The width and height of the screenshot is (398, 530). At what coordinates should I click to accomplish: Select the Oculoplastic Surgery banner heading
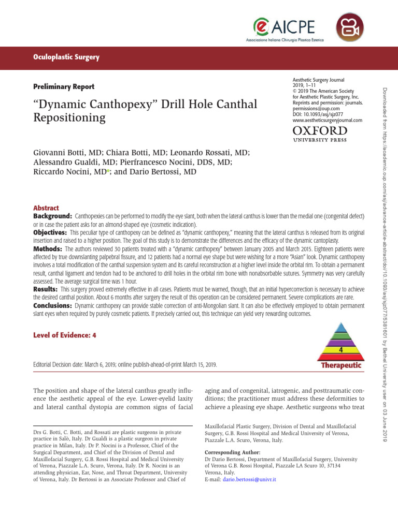pyautogui.click(x=66, y=57)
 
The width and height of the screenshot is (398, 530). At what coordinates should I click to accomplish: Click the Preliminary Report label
pyautogui.click(x=64, y=87)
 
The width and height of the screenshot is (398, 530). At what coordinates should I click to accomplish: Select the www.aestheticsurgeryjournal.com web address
pyautogui.click(x=328, y=120)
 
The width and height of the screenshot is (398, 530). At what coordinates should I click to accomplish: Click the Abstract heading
pyautogui.click(x=46, y=208)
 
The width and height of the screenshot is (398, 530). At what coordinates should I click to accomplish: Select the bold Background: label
pyautogui.click(x=52, y=215)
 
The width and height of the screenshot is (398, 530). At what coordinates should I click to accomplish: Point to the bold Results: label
pyautogui.click(x=46, y=289)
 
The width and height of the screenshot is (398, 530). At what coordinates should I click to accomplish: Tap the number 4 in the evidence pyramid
pyautogui.click(x=340, y=350)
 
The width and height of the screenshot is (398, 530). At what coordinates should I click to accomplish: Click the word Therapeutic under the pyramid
pyautogui.click(x=340, y=365)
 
